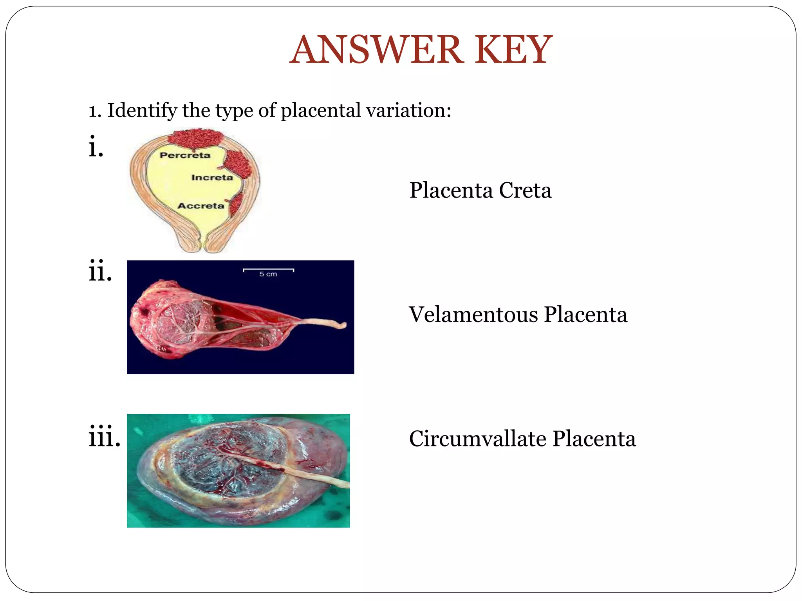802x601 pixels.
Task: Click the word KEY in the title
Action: (x=513, y=50)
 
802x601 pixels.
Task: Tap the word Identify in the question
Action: (x=142, y=111)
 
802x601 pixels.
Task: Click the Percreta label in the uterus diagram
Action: (x=185, y=155)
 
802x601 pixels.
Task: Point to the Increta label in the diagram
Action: (x=212, y=178)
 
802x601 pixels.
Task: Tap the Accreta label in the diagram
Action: (x=200, y=206)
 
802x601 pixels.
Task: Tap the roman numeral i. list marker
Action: (x=96, y=147)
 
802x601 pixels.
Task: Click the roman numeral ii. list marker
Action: (x=100, y=271)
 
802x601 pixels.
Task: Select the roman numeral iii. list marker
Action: (x=104, y=436)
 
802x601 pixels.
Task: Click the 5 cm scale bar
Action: (x=268, y=270)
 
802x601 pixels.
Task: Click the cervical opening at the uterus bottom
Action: (x=203, y=247)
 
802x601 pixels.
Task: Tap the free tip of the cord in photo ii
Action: (x=343, y=325)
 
